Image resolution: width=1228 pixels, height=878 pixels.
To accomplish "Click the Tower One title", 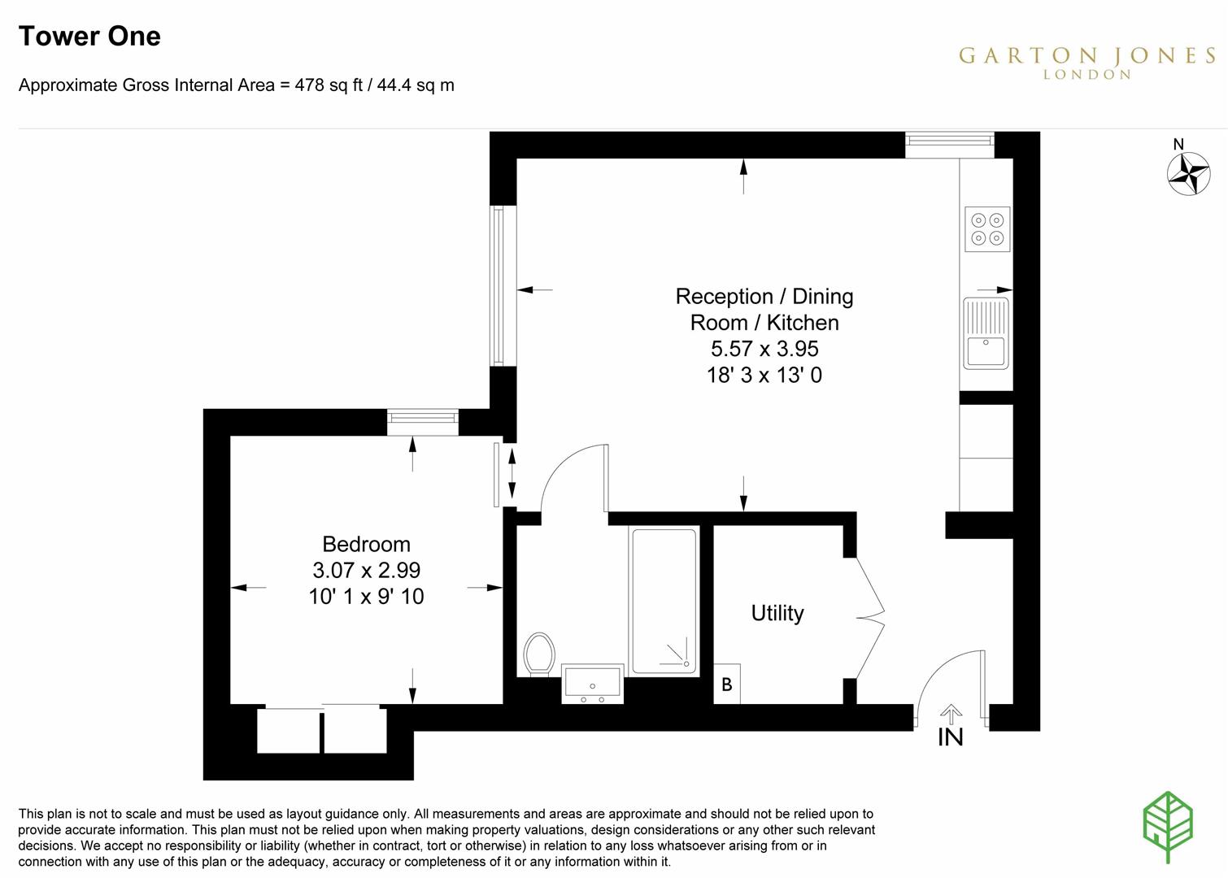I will pyautogui.click(x=89, y=37).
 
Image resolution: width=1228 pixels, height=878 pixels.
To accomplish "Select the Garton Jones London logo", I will pyautogui.click(x=1086, y=62).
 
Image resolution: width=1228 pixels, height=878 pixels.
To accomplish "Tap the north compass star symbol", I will pyautogui.click(x=1188, y=173).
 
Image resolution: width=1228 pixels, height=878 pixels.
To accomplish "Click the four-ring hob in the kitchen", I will pyautogui.click(x=987, y=228).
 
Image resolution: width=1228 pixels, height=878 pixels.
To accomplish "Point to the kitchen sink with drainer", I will pyautogui.click(x=986, y=333).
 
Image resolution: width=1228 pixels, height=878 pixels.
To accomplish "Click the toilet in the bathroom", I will pyautogui.click(x=538, y=654).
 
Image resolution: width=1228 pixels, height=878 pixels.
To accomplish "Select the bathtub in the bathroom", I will pyautogui.click(x=664, y=601).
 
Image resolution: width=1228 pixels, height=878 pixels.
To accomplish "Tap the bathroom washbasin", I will pyautogui.click(x=593, y=683).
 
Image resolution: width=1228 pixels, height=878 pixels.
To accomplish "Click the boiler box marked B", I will pyautogui.click(x=727, y=685).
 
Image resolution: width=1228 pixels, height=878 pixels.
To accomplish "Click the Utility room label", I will pyautogui.click(x=777, y=613).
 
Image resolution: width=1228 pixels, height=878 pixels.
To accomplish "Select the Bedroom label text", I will pyautogui.click(x=366, y=544).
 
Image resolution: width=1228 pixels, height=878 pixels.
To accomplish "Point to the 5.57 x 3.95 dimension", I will pyautogui.click(x=764, y=349).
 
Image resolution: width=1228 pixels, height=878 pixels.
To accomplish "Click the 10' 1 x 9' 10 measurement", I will pyautogui.click(x=366, y=597).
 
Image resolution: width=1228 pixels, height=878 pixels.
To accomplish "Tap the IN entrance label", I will pyautogui.click(x=950, y=737).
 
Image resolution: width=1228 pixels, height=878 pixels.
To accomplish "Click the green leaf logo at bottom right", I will pyautogui.click(x=1168, y=826).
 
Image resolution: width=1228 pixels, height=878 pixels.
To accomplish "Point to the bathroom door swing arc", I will pyautogui.click(x=569, y=476).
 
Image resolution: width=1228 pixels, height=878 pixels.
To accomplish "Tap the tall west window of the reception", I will pyautogui.click(x=498, y=285).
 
